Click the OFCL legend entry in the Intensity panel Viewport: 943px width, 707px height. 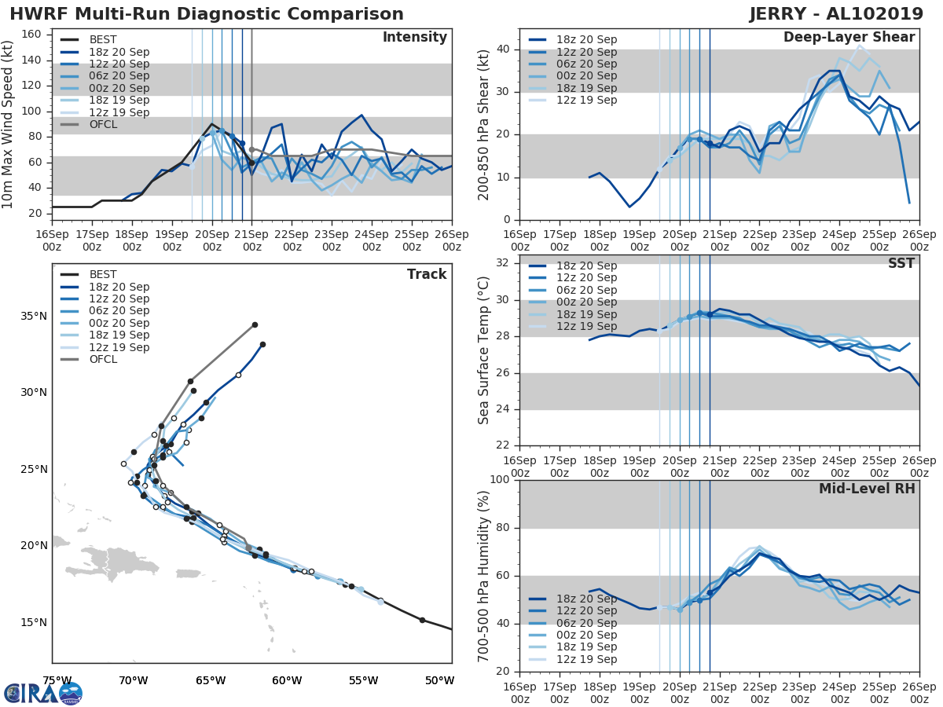(103, 125)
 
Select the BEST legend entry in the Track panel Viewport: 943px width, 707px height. (103, 274)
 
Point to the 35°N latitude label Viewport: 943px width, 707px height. (33, 316)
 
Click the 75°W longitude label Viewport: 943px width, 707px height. (57, 680)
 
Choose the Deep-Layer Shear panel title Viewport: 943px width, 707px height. (849, 38)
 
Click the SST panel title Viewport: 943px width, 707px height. (901, 263)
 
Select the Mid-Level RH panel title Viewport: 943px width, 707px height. (867, 489)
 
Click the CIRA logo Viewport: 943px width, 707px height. (43, 693)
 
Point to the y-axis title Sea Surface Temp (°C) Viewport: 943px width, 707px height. (484, 350)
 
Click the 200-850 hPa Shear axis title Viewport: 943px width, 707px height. (484, 124)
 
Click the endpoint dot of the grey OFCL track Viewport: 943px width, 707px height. (255, 324)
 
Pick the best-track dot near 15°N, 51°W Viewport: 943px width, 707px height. (422, 620)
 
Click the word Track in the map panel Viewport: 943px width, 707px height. (427, 274)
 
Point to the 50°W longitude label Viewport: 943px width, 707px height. (440, 680)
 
